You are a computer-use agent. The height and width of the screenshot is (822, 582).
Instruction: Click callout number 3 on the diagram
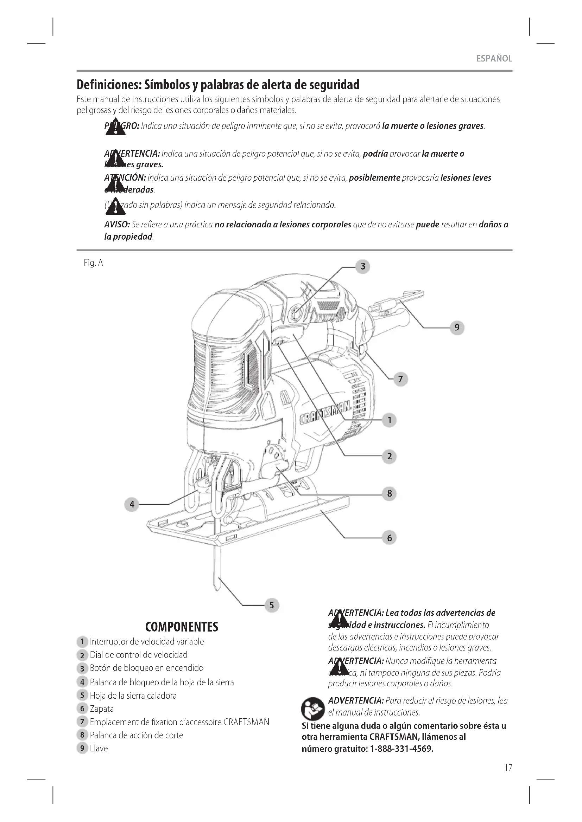click(x=363, y=266)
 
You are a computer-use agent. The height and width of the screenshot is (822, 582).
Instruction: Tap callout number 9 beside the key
click(x=457, y=327)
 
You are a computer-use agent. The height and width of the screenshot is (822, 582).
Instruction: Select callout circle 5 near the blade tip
click(x=272, y=605)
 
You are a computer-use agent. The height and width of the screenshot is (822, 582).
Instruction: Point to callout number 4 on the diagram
click(x=132, y=504)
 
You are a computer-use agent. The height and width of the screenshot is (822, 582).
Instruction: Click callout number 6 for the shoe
click(x=390, y=538)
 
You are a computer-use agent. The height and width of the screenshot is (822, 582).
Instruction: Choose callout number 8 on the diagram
click(x=390, y=494)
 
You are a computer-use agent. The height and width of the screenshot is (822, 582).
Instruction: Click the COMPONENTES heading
click(x=182, y=627)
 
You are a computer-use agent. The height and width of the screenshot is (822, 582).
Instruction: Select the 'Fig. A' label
click(x=93, y=263)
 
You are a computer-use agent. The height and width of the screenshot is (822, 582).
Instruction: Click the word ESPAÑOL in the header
click(x=494, y=59)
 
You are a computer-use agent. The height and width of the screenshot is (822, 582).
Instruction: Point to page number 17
click(x=508, y=768)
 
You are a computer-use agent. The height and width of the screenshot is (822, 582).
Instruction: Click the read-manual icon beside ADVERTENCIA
click(x=312, y=708)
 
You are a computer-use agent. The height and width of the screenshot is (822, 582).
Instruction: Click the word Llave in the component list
click(x=99, y=748)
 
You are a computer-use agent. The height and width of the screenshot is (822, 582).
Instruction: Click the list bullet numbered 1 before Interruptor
click(x=82, y=641)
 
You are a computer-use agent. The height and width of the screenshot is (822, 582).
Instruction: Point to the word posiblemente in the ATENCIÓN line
click(x=374, y=178)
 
